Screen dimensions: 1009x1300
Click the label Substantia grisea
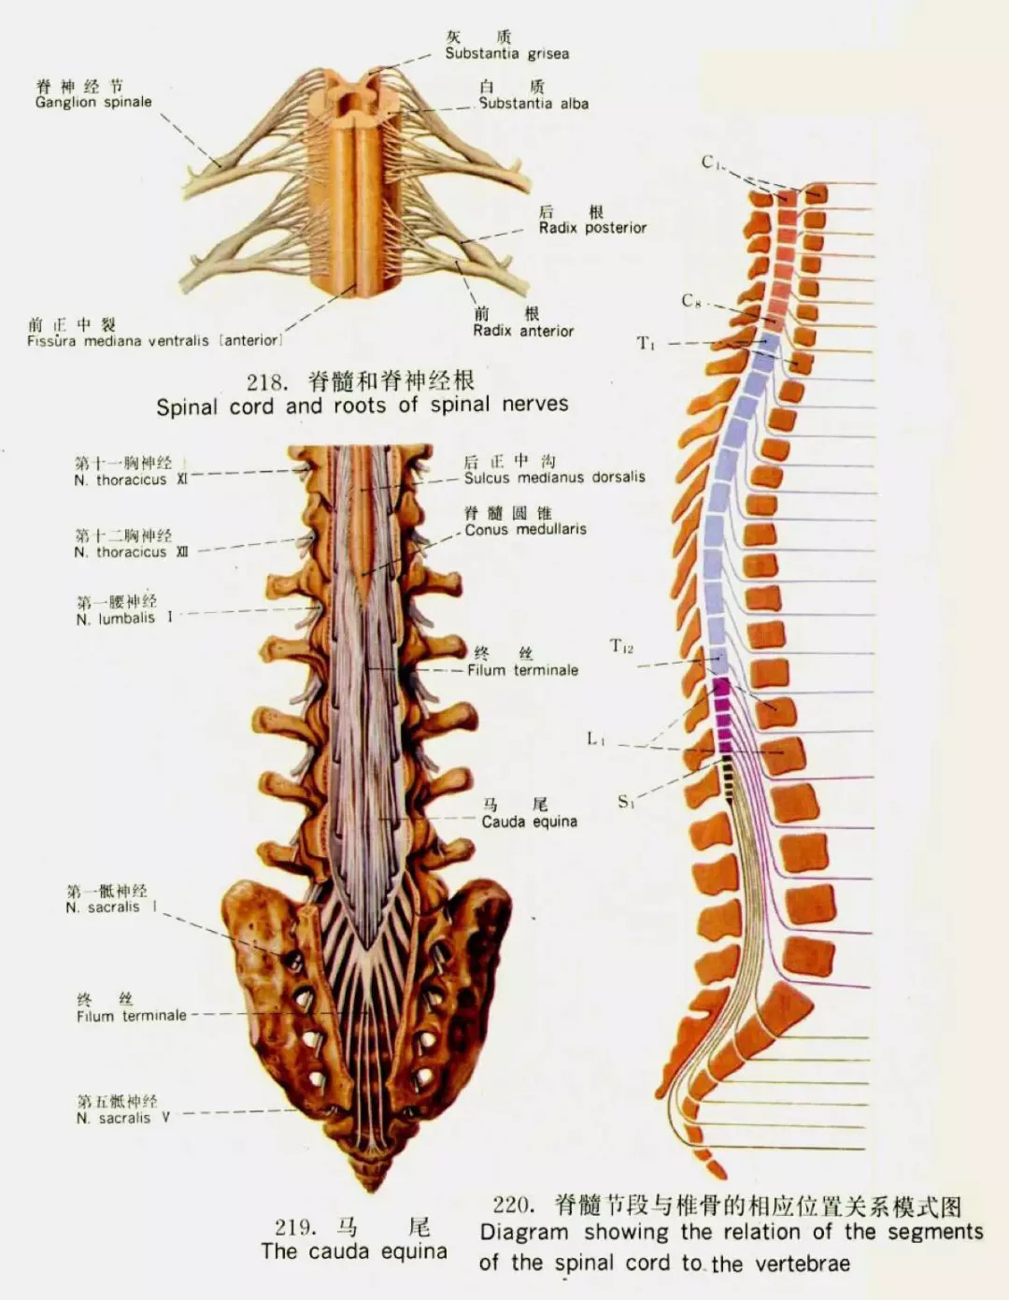tap(507, 54)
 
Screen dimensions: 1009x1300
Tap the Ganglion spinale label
tap(93, 102)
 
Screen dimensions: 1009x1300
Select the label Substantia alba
tap(533, 104)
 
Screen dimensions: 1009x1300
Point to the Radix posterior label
tap(592, 228)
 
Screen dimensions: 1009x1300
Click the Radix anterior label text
tap(523, 331)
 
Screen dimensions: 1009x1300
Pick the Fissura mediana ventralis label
tap(154, 341)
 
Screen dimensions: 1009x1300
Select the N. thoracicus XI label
tap(131, 479)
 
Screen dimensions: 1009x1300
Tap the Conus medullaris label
tap(525, 530)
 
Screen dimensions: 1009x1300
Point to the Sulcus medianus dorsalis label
tap(555, 478)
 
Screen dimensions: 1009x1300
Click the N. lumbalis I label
tap(124, 618)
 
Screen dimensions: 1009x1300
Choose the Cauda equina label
tap(530, 821)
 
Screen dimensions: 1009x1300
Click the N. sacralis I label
tap(111, 907)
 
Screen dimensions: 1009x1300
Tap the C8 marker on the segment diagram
tap(690, 301)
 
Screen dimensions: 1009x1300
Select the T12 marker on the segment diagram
tap(621, 646)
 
